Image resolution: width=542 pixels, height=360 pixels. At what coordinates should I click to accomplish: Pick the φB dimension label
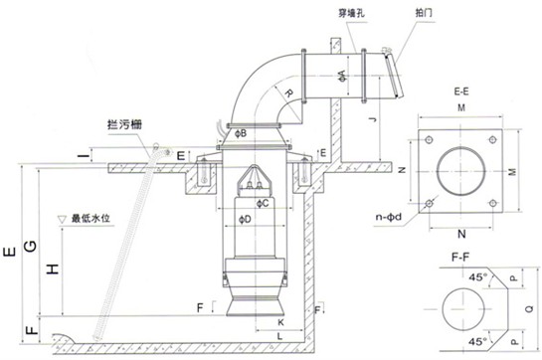click(243, 132)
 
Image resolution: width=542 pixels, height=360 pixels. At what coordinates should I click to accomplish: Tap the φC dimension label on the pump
click(261, 204)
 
